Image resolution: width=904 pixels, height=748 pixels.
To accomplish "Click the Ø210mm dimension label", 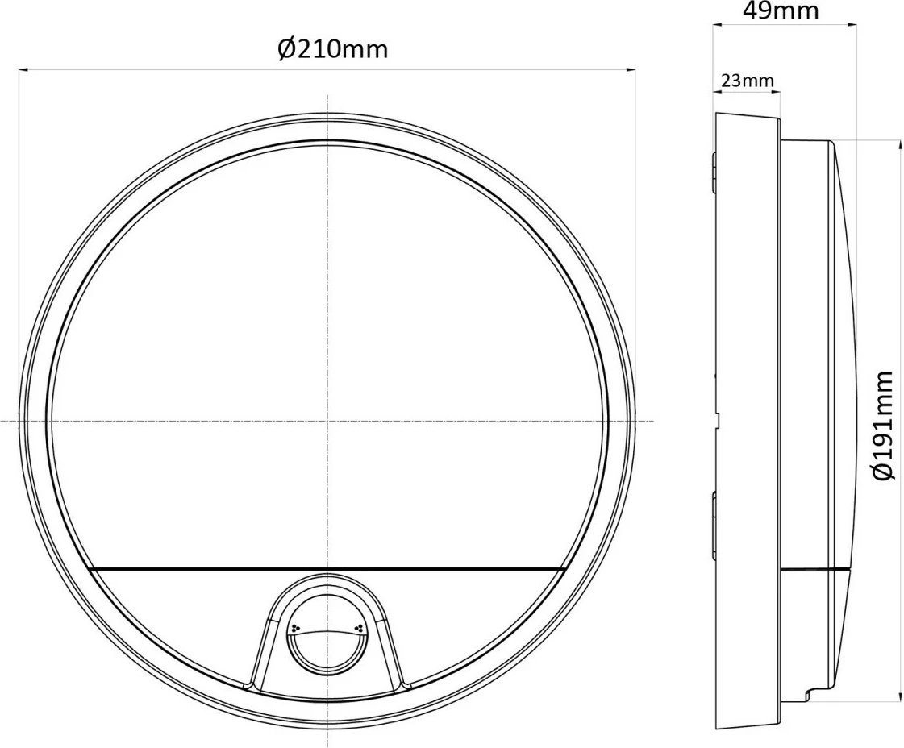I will coord(332,49).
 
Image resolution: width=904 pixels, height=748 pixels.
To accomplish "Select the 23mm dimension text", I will coord(746,81).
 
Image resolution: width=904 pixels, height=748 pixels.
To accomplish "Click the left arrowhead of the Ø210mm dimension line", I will coord(24,71).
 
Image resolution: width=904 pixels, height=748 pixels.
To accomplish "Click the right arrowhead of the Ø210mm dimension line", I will coord(631,71).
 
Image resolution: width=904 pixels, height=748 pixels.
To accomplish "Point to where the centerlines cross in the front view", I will coord(327,421).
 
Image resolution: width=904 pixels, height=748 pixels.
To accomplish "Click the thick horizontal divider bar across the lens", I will coord(327,571).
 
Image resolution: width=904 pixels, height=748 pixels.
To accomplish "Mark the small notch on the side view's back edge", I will coord(715,419).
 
